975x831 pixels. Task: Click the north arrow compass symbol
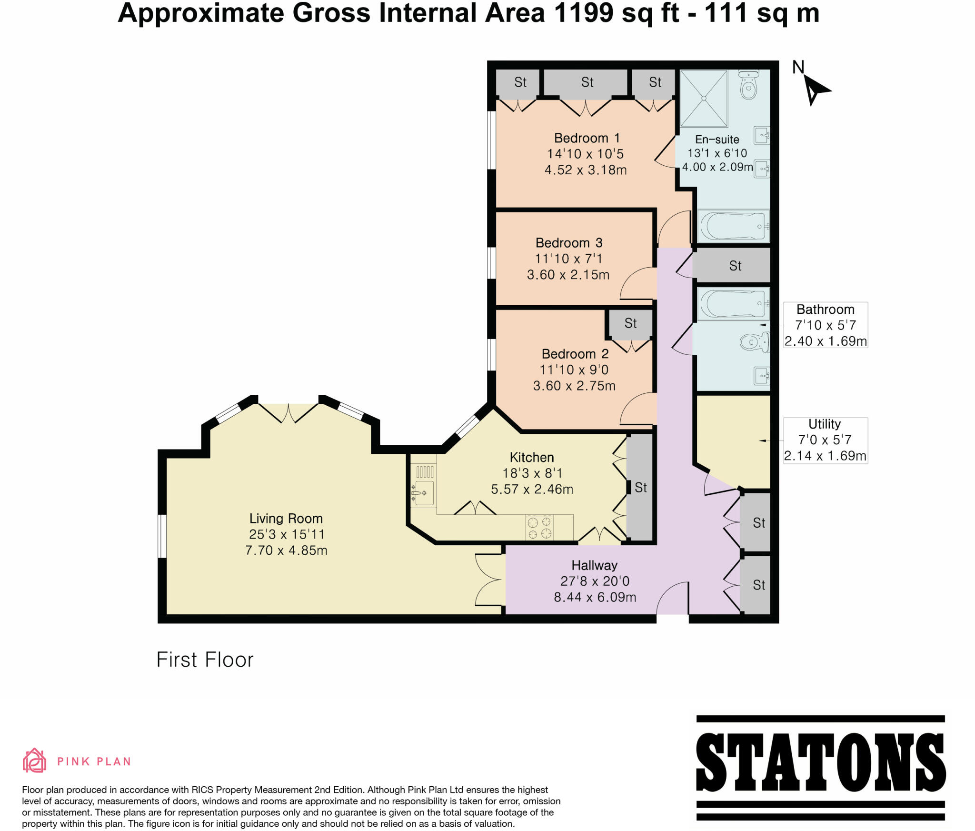click(815, 90)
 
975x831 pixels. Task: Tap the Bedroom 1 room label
click(587, 139)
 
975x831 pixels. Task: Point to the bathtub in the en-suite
click(733, 226)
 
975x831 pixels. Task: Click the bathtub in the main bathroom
click(733, 303)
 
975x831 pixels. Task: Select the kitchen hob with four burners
click(539, 528)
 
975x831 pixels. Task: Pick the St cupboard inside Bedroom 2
click(630, 324)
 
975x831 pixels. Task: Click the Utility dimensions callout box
click(825, 441)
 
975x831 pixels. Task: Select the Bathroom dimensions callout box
click(825, 325)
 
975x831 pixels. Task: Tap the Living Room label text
click(286, 519)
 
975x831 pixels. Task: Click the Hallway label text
click(594, 565)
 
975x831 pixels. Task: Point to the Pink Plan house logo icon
click(34, 761)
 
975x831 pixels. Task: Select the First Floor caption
click(205, 660)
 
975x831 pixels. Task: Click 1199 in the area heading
click(584, 13)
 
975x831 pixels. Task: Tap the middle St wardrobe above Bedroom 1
click(587, 82)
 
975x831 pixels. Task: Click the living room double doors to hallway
click(489, 580)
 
